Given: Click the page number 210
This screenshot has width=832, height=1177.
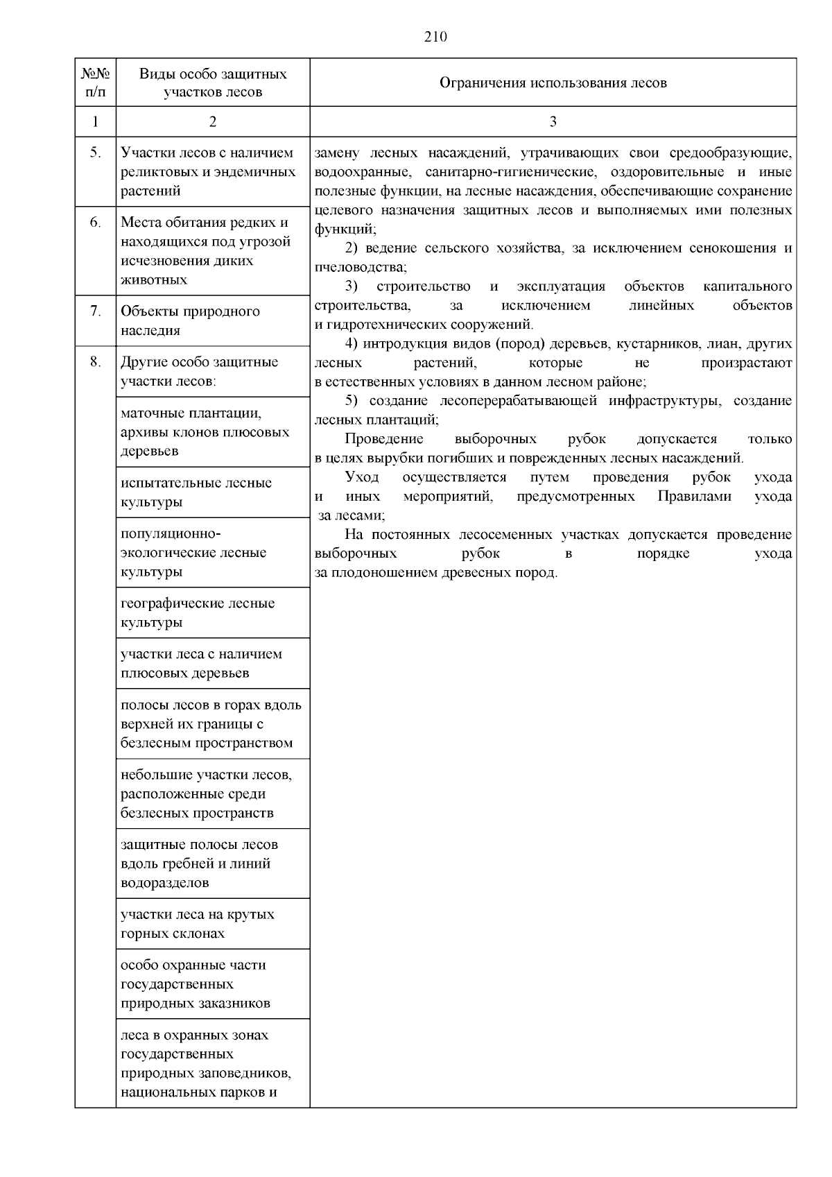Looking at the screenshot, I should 435,37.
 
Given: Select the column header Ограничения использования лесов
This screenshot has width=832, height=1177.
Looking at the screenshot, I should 553,83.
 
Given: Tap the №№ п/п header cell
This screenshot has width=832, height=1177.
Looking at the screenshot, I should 95,83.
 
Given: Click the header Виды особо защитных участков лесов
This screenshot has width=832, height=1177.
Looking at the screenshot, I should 212,83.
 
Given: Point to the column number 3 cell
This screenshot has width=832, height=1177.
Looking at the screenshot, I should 553,121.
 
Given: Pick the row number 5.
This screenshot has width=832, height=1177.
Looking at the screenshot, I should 95,153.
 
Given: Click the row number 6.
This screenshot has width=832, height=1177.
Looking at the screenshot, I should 95,223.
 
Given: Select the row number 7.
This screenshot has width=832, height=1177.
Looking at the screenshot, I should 95,311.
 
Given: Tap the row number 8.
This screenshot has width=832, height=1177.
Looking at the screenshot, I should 95,361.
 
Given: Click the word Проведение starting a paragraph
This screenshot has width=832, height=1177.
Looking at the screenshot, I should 383,439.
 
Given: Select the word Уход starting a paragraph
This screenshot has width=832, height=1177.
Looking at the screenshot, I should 362,477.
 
